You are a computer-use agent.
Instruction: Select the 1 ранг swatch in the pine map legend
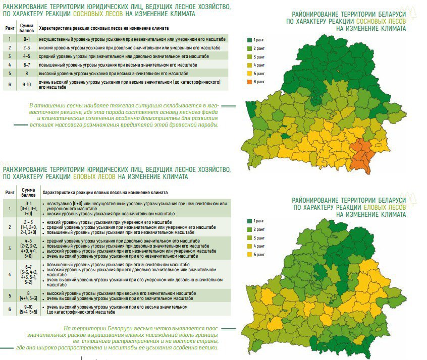point(249,39)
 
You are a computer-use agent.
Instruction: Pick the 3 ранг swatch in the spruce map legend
point(249,238)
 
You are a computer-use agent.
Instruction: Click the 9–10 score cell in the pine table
point(26,84)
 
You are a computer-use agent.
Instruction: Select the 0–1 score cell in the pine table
point(26,39)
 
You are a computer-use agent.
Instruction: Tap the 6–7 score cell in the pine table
point(26,65)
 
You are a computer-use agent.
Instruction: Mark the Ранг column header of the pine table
point(10,28)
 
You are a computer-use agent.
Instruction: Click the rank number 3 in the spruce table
point(10,249)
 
